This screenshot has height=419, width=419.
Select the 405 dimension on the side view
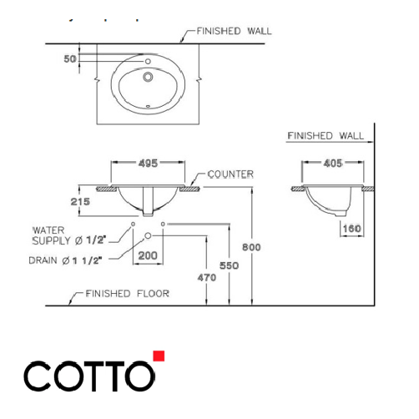coord(331,165)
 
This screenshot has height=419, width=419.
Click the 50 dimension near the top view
coord(70,59)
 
